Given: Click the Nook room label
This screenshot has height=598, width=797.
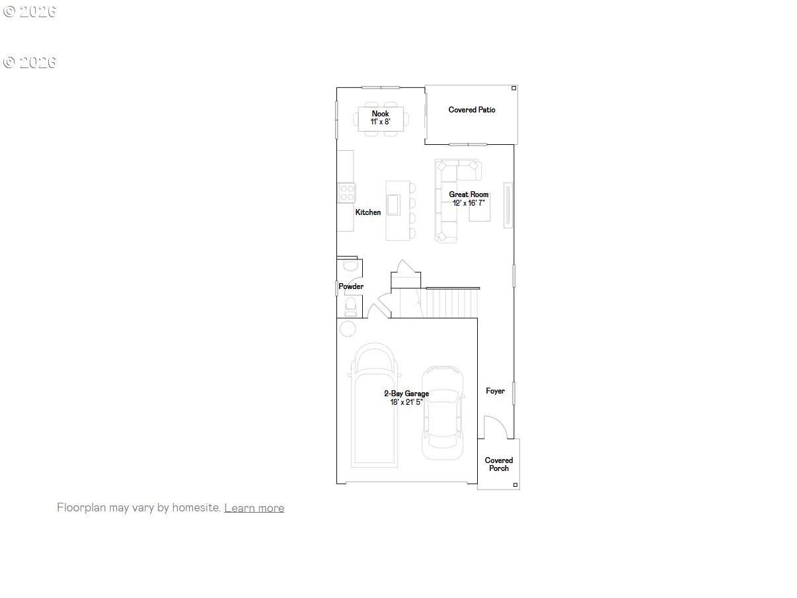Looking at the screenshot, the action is (380, 114).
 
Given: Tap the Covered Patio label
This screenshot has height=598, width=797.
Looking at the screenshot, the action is (471, 110).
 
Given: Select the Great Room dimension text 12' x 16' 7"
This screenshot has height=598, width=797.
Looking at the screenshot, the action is (469, 202).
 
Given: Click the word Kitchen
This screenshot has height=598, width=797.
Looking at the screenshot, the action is (368, 212).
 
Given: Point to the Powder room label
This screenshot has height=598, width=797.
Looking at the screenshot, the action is (351, 286).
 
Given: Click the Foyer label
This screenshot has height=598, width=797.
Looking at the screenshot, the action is (495, 391).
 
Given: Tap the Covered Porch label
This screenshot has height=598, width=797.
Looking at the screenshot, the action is (498, 464).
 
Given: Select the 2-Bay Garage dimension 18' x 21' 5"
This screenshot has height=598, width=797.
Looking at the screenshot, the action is (406, 402).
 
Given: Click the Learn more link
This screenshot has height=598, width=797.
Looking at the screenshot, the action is (254, 507).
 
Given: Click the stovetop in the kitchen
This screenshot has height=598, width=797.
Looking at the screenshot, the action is (347, 192).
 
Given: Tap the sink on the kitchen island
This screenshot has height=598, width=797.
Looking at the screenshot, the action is (393, 205).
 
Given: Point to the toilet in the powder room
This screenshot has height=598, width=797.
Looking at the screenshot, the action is (350, 306).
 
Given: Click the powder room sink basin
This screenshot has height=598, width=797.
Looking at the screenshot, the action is (350, 265).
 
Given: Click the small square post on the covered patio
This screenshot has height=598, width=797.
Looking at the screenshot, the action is (513, 88).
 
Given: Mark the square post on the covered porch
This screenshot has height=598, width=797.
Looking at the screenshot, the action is (515, 485).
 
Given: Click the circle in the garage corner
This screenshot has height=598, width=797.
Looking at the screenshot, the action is (348, 329).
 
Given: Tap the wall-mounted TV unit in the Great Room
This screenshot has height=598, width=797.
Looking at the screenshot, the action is (508, 205).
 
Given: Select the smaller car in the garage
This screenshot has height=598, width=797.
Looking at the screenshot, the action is (443, 413).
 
